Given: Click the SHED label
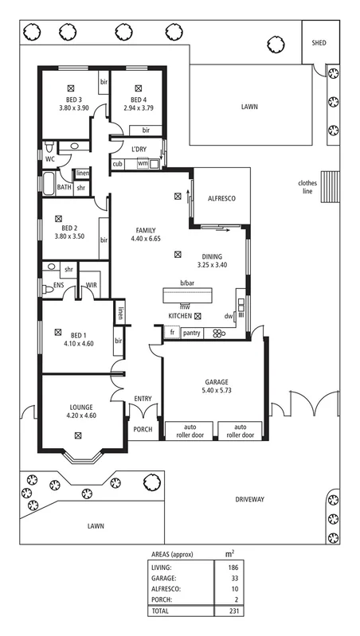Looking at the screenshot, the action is click(x=319, y=43).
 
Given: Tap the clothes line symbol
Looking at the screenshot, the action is click(x=330, y=186).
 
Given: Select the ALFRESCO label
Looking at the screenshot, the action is click(x=221, y=199).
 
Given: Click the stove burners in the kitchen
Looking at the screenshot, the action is click(x=218, y=334).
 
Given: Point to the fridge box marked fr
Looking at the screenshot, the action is click(x=172, y=333).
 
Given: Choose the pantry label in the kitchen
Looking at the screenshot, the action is click(x=192, y=333).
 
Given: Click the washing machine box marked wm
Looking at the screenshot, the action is click(x=143, y=163).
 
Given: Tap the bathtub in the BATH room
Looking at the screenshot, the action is click(x=49, y=185).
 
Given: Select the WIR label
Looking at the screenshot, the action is click(x=92, y=285).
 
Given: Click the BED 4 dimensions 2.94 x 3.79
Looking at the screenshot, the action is click(x=139, y=108).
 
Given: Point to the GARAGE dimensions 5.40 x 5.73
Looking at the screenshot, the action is click(x=217, y=391).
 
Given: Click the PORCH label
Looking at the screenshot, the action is click(x=143, y=429).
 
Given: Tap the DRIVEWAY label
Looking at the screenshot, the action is click(x=249, y=499).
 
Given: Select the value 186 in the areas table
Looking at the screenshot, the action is click(x=233, y=568).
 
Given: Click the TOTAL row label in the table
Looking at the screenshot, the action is click(x=160, y=611).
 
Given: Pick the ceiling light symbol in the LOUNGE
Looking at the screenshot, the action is click(x=77, y=435).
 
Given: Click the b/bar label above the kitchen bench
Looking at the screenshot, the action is click(x=187, y=283).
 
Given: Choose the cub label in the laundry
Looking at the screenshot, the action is click(x=117, y=164).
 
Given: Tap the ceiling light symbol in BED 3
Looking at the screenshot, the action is click(x=72, y=88).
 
